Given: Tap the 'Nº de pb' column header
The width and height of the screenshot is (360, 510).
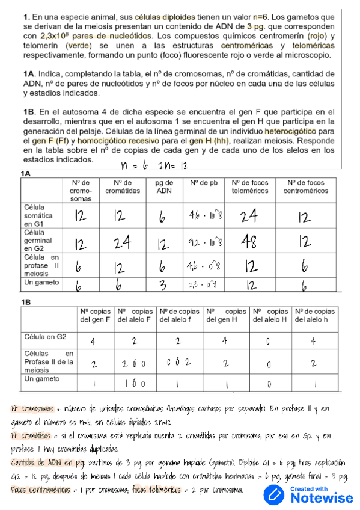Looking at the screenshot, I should coord(204,182).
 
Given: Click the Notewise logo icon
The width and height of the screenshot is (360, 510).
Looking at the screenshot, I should coord(276,494).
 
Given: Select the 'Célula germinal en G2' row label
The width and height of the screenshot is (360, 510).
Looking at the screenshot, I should coord(38,240).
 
